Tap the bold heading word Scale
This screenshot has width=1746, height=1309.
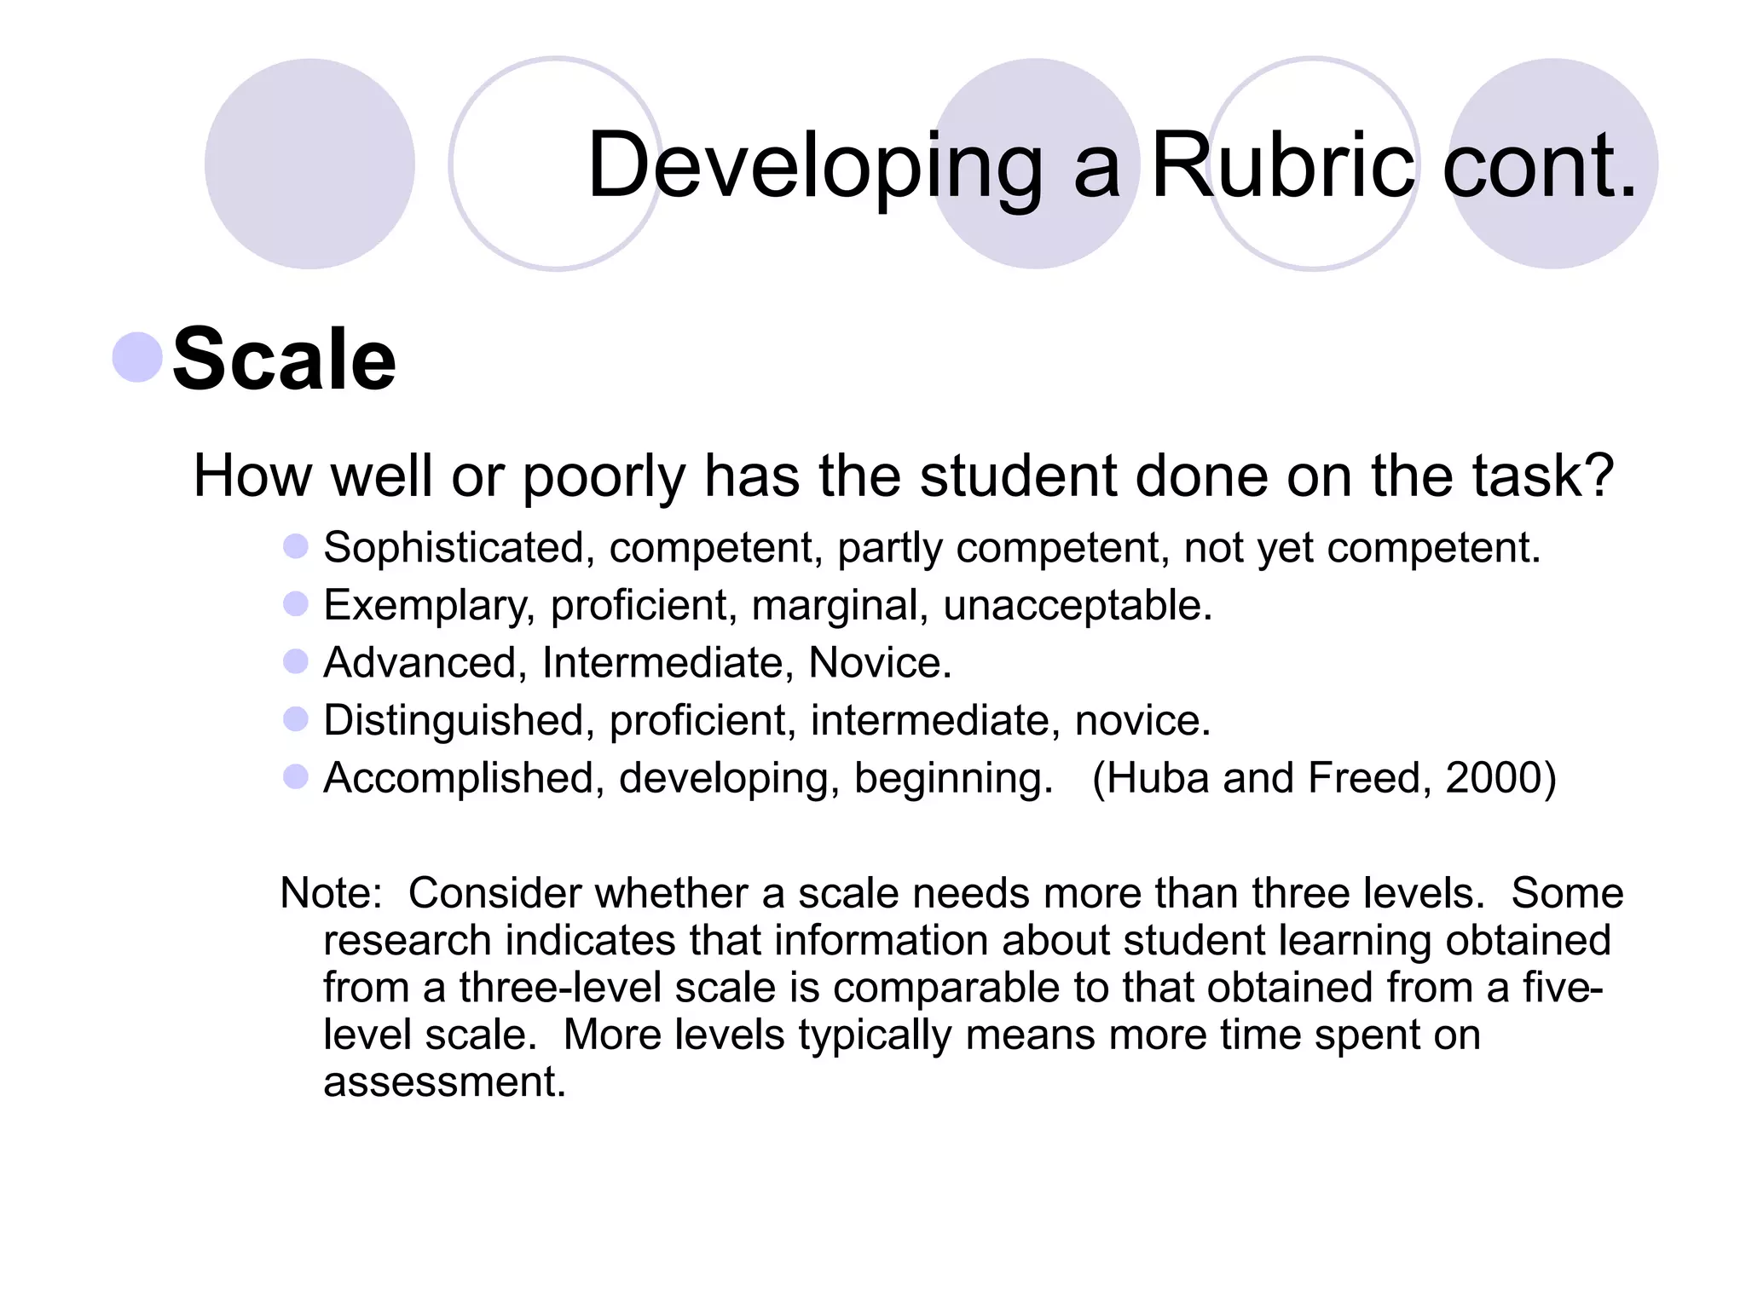285,360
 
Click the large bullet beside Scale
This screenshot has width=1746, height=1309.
137,357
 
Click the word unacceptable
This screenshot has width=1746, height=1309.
1077,606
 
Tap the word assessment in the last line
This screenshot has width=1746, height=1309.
444,1081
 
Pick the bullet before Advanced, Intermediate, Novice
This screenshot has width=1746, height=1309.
295,661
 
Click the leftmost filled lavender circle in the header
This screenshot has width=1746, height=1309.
309,164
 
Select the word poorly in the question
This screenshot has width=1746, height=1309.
604,477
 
